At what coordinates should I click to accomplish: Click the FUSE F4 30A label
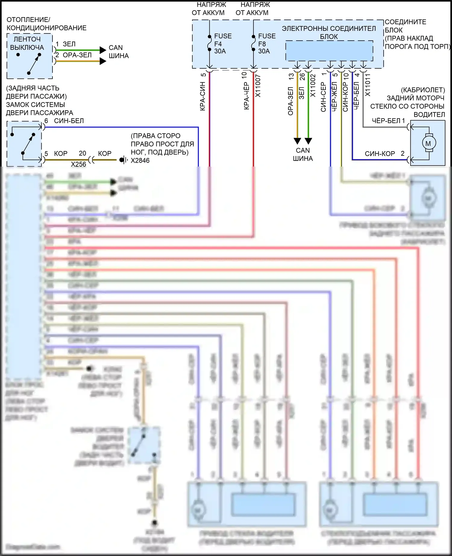coord(222,44)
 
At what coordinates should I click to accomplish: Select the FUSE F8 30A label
coord(266,44)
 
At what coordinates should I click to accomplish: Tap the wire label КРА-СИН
coord(202,96)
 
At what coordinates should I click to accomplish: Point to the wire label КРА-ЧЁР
coord(246,95)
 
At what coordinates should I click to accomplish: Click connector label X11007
coord(258,86)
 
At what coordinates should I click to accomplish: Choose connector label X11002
coord(313,86)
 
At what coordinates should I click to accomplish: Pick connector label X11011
coord(368,85)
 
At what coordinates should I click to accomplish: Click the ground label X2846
coord(140,161)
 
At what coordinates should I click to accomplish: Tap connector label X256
coord(78,164)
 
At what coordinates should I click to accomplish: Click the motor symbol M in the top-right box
coord(428,143)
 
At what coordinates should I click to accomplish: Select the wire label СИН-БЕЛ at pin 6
coord(69,121)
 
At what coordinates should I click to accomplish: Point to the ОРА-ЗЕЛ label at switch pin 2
coord(77,55)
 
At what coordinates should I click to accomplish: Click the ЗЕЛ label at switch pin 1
coord(69,44)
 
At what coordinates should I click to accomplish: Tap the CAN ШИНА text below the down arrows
coord(303,155)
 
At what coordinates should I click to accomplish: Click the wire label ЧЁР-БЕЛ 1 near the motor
coord(388,121)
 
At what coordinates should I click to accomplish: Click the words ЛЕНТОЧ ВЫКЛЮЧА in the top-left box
coord(27,43)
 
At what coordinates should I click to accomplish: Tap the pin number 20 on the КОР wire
coord(82,153)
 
